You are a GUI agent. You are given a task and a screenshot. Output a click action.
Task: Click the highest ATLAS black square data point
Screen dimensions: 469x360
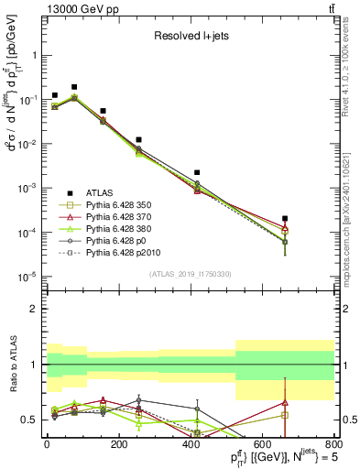pyautogui.click(x=74, y=86)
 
